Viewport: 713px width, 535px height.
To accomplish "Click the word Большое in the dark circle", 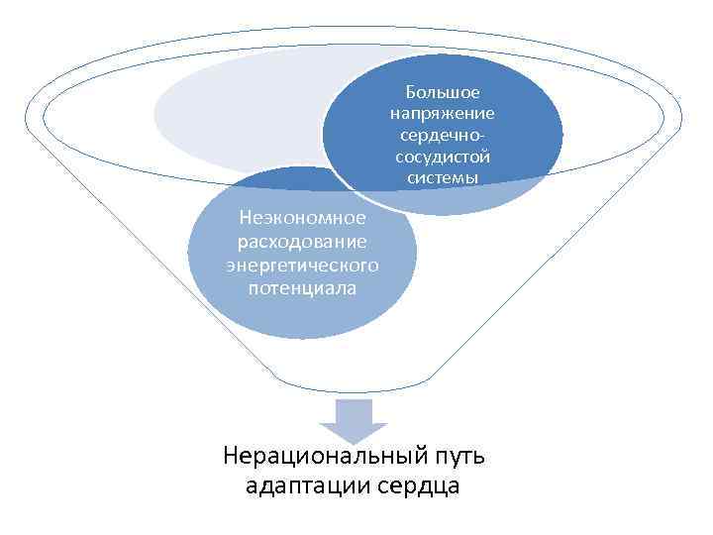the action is coord(443,92).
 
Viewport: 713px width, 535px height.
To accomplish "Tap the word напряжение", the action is coord(443,114).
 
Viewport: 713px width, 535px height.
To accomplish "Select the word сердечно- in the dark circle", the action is coord(443,135).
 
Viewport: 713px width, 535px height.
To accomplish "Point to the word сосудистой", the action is coord(443,157).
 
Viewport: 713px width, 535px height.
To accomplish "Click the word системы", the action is coord(443,178).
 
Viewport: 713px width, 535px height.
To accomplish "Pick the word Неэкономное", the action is coord(303,217).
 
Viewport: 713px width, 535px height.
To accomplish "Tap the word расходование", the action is coord(303,241).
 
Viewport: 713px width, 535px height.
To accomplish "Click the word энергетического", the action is coord(303,265).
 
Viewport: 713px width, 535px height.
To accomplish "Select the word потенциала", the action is coord(303,288).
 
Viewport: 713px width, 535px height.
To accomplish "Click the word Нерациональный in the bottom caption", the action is coord(328,457).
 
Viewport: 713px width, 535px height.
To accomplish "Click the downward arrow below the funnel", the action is coord(357,420).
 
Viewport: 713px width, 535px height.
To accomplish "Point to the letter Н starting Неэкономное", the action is coord(247,217).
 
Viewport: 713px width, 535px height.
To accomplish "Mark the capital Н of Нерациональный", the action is coord(233,457).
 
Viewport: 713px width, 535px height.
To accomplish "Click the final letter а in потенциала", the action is coord(352,288).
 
